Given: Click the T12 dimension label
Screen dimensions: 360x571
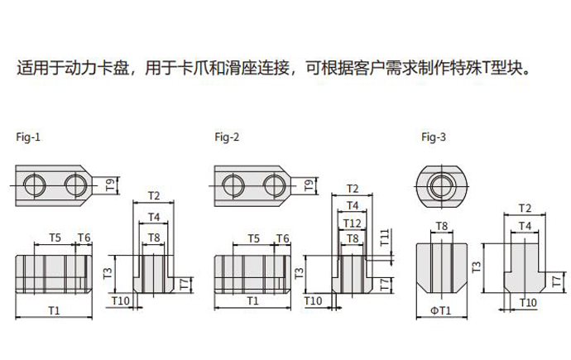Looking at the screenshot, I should click(353, 223).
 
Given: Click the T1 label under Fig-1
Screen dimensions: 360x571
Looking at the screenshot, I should click(54, 310).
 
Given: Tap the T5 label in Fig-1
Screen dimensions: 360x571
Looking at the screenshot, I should click(55, 238).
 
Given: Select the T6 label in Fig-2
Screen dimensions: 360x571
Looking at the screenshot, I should click(282, 238).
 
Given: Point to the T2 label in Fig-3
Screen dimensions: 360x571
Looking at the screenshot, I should click(524, 208).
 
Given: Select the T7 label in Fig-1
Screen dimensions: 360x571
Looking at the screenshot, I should click(184, 284).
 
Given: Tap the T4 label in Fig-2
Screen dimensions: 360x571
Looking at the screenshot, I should click(353, 204).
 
